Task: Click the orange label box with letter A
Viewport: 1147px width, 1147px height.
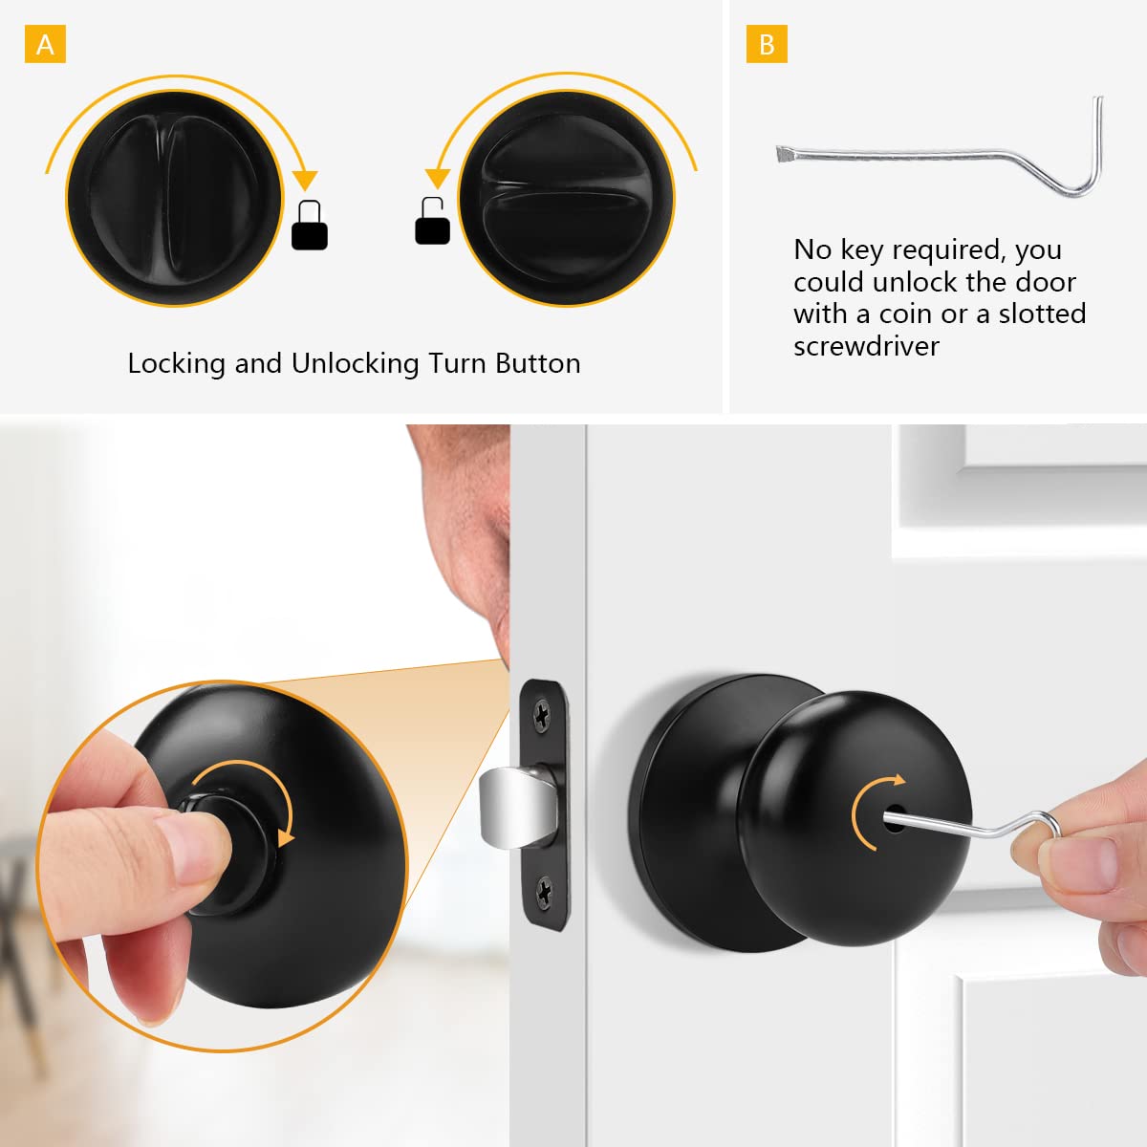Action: [x=45, y=45]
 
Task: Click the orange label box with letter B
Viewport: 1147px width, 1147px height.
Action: [x=767, y=45]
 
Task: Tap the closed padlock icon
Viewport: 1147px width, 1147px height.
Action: [x=309, y=227]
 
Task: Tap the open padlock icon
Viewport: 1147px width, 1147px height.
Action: [x=432, y=221]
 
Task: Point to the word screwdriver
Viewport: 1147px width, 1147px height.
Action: [x=866, y=346]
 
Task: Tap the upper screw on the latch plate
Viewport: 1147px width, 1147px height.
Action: [x=542, y=713]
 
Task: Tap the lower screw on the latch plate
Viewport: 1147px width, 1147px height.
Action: [x=544, y=893]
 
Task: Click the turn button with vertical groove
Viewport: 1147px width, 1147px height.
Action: [x=174, y=199]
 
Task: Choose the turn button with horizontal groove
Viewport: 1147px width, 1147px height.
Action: [x=567, y=199]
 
